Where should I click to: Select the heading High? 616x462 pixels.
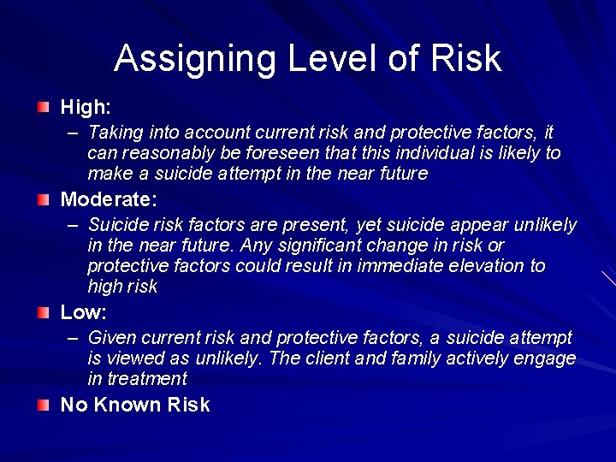coord(86,108)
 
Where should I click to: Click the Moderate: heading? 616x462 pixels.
coord(109,200)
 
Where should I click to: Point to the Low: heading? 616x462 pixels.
coord(83,312)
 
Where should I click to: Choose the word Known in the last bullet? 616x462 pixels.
coord(131,405)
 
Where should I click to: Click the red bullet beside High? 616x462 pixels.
coord(44,108)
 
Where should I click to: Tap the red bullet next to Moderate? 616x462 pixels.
coord(44,200)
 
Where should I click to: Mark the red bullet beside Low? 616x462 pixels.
coord(44,312)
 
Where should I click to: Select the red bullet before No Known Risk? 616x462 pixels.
coord(44,405)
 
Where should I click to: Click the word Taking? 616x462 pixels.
coord(114,133)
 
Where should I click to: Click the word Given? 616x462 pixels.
coord(112,338)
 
